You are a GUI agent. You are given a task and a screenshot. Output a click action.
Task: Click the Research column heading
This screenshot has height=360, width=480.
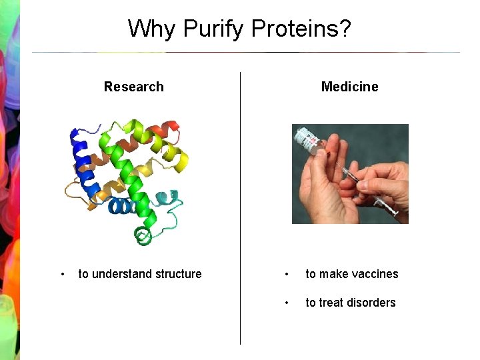133,87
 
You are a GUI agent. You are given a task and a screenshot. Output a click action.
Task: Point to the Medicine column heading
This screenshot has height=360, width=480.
349,87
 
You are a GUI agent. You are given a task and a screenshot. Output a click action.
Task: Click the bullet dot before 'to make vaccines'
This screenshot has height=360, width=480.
286,274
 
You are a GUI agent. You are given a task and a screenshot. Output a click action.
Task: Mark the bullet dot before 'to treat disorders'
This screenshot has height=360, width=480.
286,303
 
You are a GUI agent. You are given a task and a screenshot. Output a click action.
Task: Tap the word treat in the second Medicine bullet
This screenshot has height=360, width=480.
331,303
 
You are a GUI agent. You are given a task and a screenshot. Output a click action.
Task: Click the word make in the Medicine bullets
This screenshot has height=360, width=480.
332,274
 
